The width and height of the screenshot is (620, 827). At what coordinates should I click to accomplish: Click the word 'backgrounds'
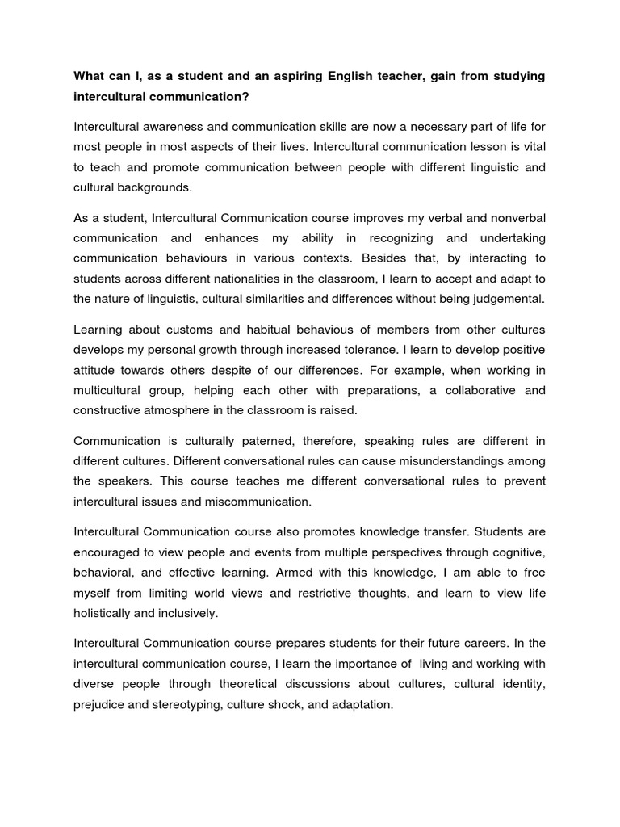click(x=154, y=187)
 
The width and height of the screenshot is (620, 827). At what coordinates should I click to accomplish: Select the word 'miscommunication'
click(x=259, y=502)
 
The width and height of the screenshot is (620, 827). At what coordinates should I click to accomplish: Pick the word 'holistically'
click(x=106, y=614)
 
